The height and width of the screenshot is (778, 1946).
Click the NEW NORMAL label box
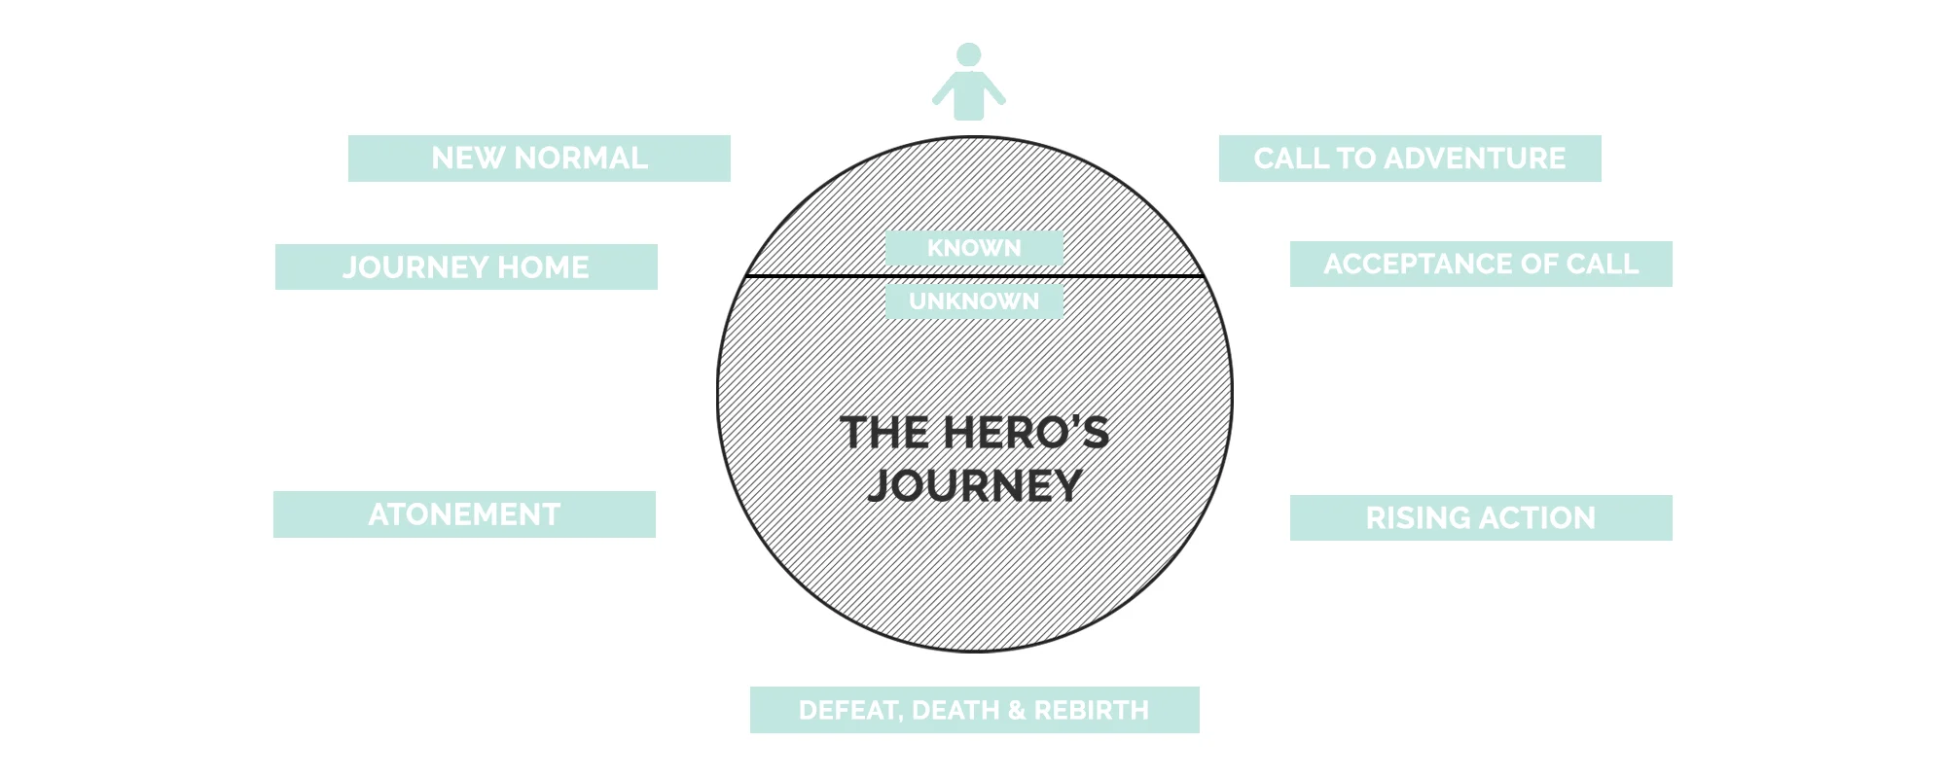coord(539,159)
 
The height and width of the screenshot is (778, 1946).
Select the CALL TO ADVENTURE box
coord(1410,159)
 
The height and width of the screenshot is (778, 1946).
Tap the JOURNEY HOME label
coord(466,267)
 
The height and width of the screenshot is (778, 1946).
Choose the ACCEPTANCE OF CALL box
coord(1481,265)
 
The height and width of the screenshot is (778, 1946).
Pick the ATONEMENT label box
coord(464,514)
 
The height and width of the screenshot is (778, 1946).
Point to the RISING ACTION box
coord(1481,518)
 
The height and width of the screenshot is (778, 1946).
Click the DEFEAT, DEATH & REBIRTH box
coord(974,710)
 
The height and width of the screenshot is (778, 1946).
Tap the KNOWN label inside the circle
coord(974,248)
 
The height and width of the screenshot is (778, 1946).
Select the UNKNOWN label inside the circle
coord(974,301)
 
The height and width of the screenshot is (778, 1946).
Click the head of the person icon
coord(968,54)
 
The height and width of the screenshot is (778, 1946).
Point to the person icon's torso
coord(968,96)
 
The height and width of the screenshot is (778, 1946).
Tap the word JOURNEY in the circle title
coord(975,485)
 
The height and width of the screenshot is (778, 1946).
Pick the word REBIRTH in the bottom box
coord(1091,710)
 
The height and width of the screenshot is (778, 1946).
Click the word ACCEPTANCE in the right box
coord(1411,265)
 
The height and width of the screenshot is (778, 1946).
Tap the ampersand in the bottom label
coord(1017,710)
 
